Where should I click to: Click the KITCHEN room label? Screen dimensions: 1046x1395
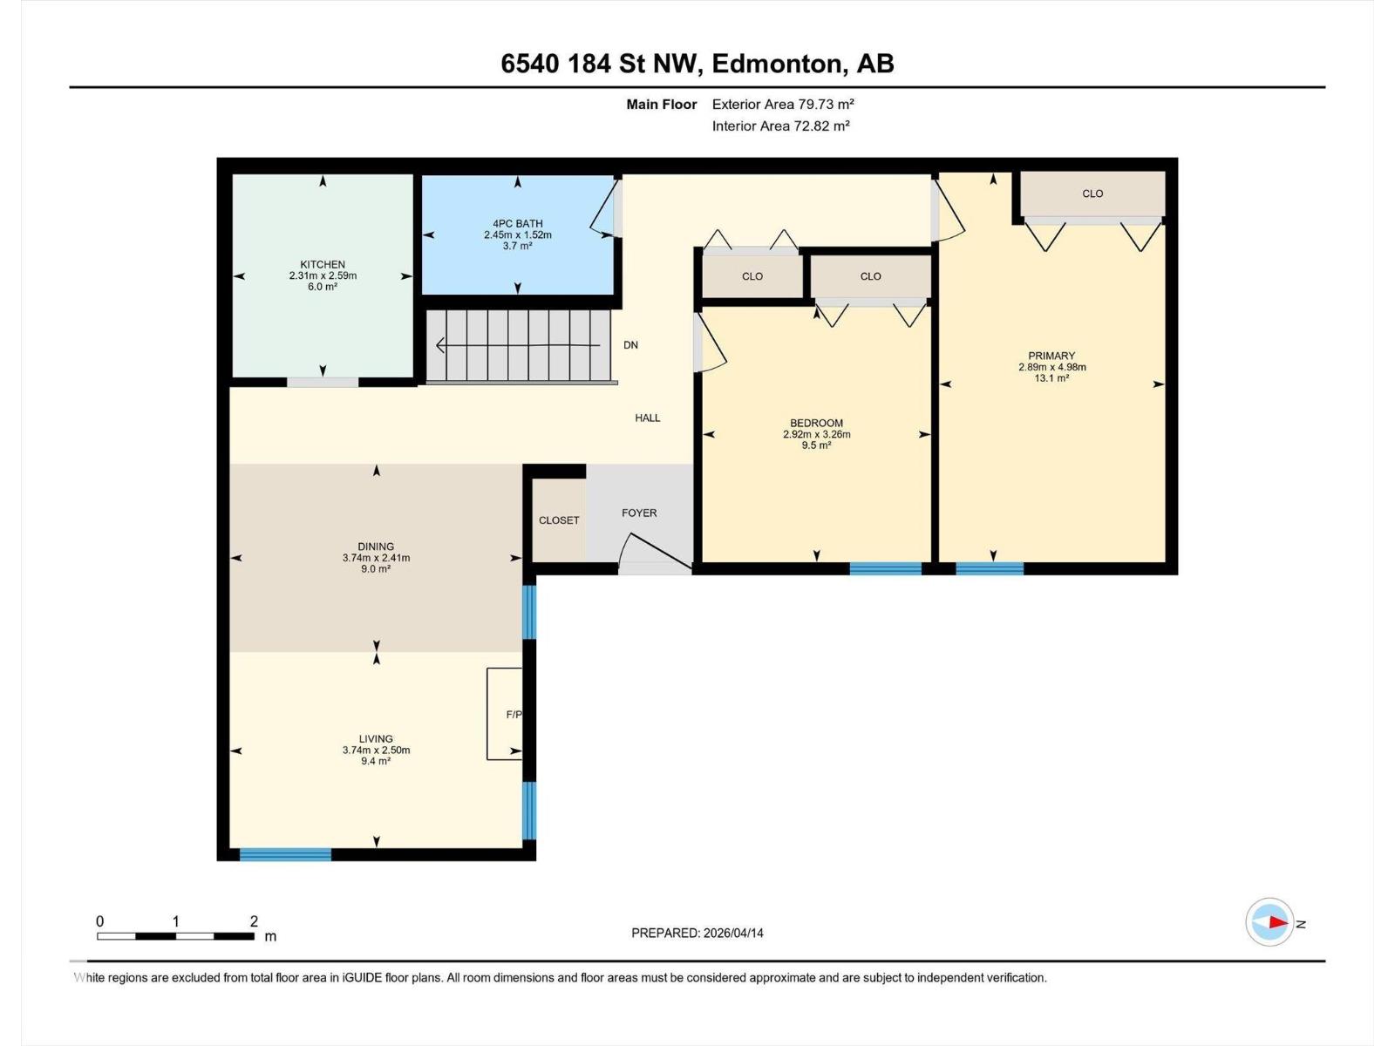pos(323,264)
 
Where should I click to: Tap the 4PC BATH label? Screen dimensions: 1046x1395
pos(517,223)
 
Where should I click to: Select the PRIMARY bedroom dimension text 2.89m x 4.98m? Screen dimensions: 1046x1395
pos(1051,367)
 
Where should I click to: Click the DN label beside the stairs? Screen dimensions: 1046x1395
pos(630,345)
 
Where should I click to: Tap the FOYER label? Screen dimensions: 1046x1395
pos(639,513)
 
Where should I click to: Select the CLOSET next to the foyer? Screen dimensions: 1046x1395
pos(559,520)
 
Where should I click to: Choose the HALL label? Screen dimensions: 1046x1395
pos(647,418)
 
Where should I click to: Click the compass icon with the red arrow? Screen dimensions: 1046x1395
pos(1269,922)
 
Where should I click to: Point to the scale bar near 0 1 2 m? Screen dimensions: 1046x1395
pos(175,936)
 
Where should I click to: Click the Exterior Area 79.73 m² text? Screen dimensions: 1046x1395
pos(782,104)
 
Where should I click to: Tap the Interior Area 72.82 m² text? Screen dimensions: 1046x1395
pos(780,126)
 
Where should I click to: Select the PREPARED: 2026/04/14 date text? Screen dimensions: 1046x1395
pos(697,933)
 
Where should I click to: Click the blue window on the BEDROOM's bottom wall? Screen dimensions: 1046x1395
pos(885,568)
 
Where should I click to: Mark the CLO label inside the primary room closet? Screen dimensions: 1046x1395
pos(1092,194)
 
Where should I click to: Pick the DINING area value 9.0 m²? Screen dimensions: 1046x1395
pos(376,568)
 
